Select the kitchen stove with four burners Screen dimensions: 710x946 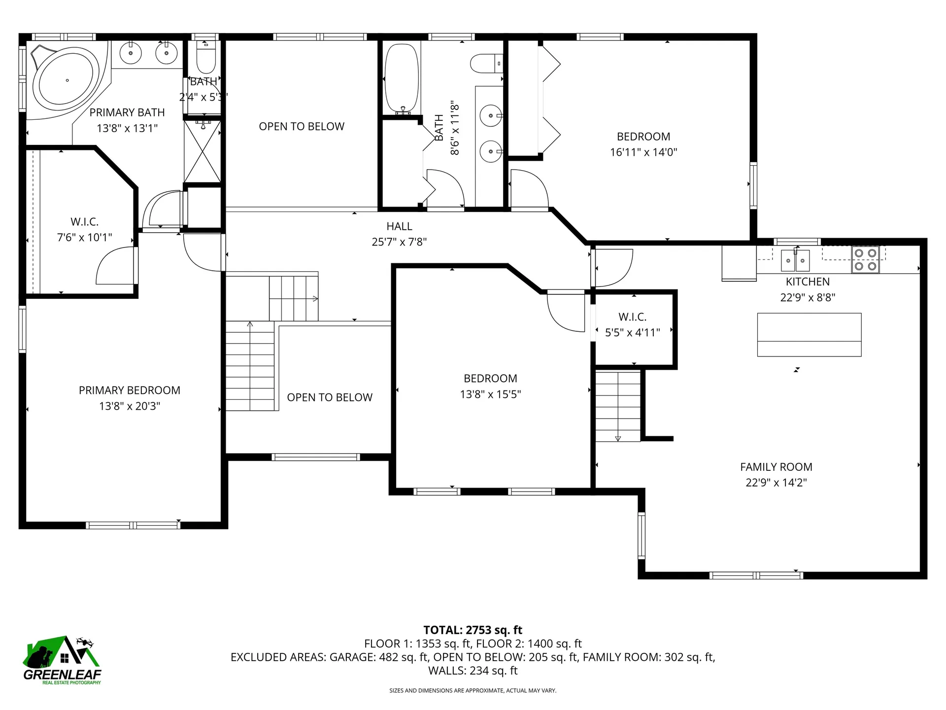point(866,259)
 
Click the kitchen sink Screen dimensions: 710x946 point(795,260)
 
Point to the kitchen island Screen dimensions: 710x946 point(809,334)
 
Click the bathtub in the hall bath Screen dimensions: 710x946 point(402,79)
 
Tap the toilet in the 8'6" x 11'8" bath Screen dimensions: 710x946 point(485,64)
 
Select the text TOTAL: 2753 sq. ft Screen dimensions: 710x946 point(473,630)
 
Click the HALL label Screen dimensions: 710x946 point(399,226)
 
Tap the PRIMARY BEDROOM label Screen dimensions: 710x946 point(130,390)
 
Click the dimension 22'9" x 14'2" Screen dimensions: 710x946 point(776,483)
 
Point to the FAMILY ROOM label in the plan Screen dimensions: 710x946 point(776,466)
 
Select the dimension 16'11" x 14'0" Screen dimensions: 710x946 point(643,152)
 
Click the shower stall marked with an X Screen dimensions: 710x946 point(203,151)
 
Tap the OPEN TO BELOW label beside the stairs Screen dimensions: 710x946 point(330,397)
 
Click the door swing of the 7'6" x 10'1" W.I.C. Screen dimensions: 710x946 point(114,266)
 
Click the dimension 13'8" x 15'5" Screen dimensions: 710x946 point(490,394)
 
